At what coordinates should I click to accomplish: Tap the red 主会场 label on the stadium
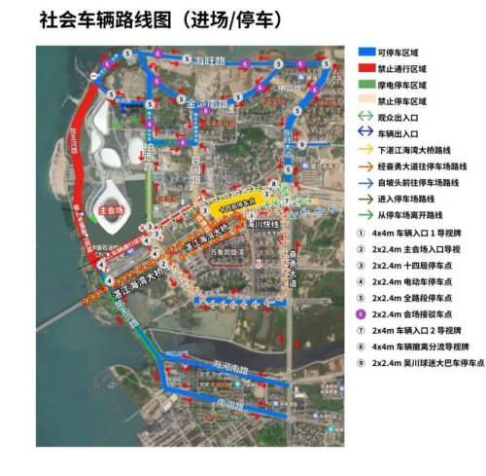98,209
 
